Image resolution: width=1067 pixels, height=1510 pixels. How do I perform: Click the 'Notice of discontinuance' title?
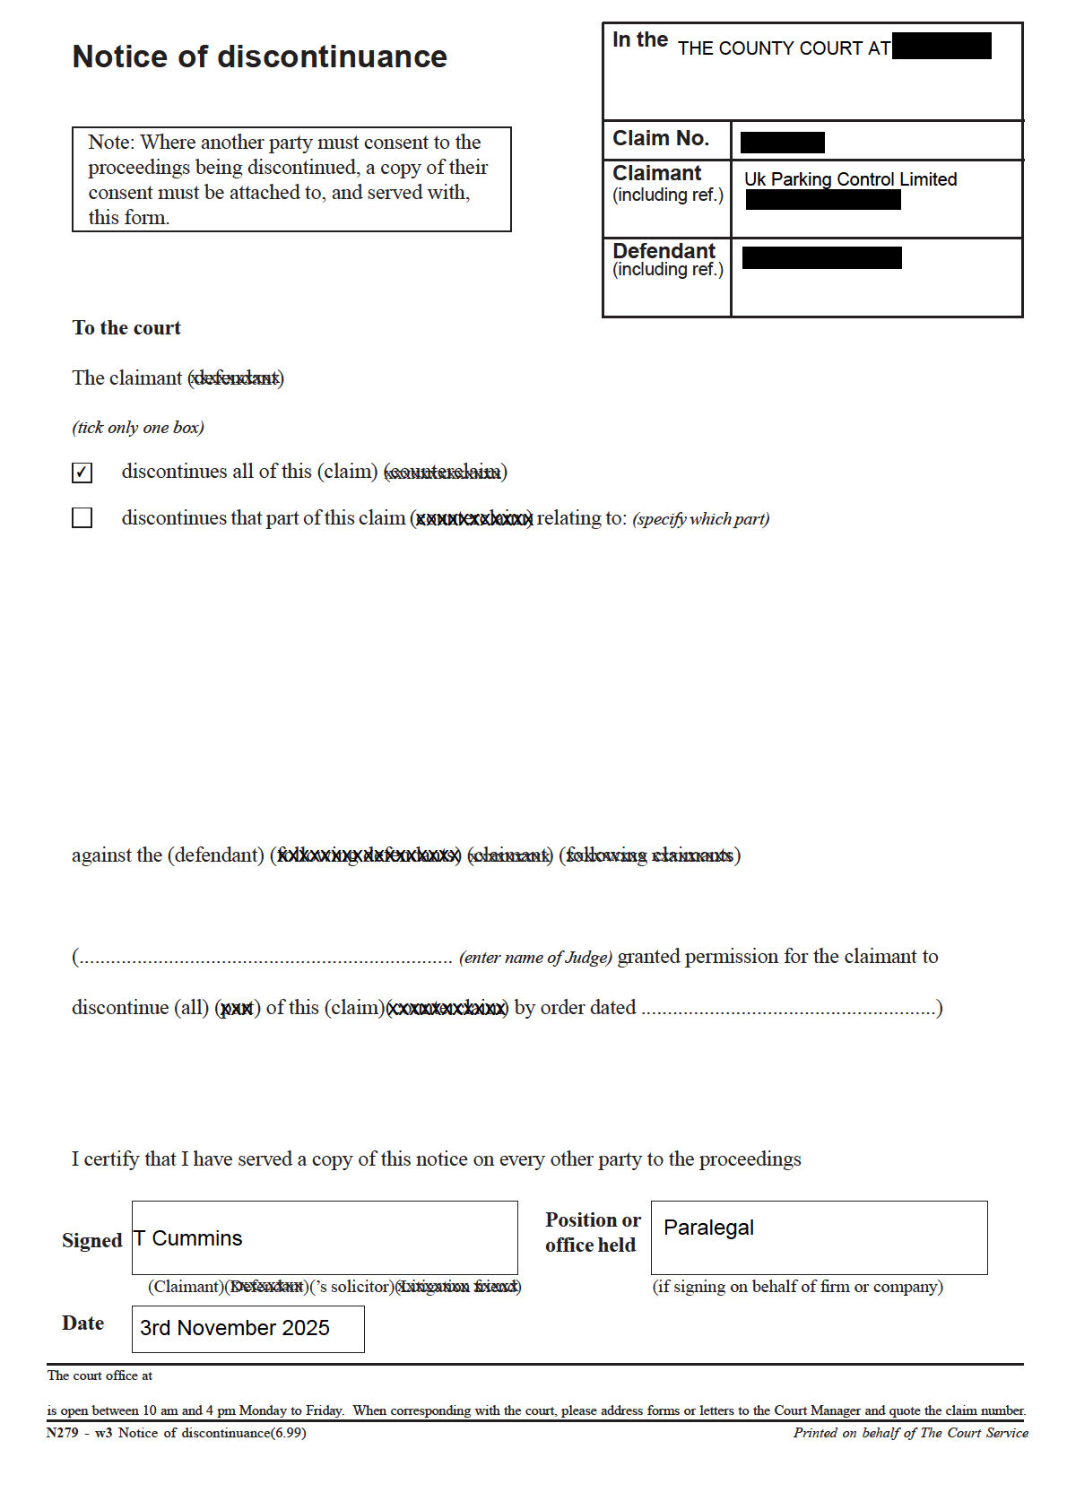point(259,56)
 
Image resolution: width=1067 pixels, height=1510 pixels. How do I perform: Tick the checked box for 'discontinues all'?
point(82,473)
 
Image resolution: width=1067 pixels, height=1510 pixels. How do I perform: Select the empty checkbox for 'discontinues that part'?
point(82,518)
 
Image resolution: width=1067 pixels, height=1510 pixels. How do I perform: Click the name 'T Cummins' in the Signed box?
point(188,1238)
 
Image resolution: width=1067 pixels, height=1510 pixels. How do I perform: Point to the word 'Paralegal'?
point(708,1228)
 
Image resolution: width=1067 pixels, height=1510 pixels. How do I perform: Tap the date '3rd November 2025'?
point(235,1328)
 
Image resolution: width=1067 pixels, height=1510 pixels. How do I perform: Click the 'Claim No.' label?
point(661,139)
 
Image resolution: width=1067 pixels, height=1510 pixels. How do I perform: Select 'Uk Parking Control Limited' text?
point(850,179)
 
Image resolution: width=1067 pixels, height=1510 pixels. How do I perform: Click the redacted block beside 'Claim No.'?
point(782,143)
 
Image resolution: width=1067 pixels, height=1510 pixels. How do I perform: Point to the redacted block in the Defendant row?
point(821,258)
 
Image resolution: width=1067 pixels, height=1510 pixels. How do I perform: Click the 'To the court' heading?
point(126,328)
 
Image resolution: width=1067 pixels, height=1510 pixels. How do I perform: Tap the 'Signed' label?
point(91,1241)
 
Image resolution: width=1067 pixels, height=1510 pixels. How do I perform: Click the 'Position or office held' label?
point(592,1232)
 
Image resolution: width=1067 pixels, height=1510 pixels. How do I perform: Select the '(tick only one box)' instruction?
point(138,428)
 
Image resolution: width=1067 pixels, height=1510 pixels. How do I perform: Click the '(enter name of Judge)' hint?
point(535,958)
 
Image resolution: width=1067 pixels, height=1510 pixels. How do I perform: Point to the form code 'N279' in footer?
point(63,1433)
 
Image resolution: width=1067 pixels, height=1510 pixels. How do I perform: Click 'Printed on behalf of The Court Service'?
point(910,1433)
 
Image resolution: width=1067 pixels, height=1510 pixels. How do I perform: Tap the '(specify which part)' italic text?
point(700,519)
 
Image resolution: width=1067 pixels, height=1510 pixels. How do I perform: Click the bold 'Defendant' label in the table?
point(664,251)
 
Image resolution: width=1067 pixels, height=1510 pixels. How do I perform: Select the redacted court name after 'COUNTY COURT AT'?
point(941,46)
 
